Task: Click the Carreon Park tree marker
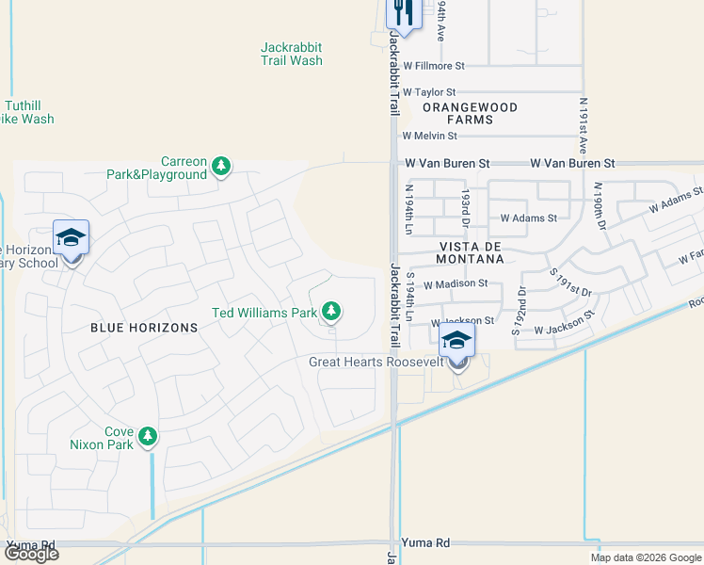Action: click(x=221, y=168)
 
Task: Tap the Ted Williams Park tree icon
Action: click(x=330, y=311)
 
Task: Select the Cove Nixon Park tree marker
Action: click(x=147, y=437)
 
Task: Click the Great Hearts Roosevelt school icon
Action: click(x=457, y=342)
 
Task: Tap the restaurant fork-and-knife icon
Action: click(x=403, y=13)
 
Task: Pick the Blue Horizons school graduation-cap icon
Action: click(x=71, y=238)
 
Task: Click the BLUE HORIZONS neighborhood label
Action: click(x=144, y=328)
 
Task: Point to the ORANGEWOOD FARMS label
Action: click(x=470, y=114)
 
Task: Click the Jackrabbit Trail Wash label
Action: click(x=291, y=54)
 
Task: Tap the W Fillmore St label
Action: click(x=434, y=66)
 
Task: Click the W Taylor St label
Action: click(x=429, y=92)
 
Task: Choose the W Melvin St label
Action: click(x=429, y=136)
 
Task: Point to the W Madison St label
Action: click(x=456, y=283)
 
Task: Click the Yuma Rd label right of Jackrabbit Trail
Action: click(x=425, y=543)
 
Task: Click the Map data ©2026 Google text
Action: click(x=646, y=557)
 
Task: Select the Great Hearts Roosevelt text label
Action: click(x=374, y=363)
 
